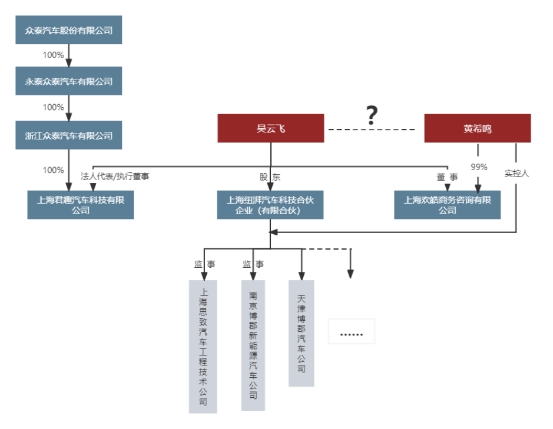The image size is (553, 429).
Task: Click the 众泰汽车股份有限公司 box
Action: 69,30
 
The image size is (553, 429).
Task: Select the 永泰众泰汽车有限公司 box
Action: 69,81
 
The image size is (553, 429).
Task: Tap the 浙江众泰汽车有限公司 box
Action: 69,135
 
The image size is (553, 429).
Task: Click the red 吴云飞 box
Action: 271,128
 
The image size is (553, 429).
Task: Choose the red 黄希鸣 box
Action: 478,128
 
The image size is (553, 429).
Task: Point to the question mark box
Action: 378,115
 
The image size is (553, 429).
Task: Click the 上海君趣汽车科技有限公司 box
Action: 81,205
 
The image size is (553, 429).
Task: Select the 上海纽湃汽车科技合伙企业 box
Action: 270,205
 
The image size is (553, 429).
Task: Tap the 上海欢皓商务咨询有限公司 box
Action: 448,205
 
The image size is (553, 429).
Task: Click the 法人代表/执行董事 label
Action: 115,176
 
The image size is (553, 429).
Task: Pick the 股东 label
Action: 270,177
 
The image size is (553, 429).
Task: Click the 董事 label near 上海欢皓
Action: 447,177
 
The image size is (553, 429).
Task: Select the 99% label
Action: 479,167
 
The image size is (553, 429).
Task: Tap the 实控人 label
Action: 516,174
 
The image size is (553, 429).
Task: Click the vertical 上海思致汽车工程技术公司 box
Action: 203,347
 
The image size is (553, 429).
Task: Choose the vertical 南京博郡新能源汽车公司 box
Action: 253,345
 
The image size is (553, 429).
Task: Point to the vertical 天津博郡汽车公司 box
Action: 302,333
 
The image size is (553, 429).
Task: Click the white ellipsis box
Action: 352,332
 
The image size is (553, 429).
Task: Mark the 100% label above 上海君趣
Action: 53,170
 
